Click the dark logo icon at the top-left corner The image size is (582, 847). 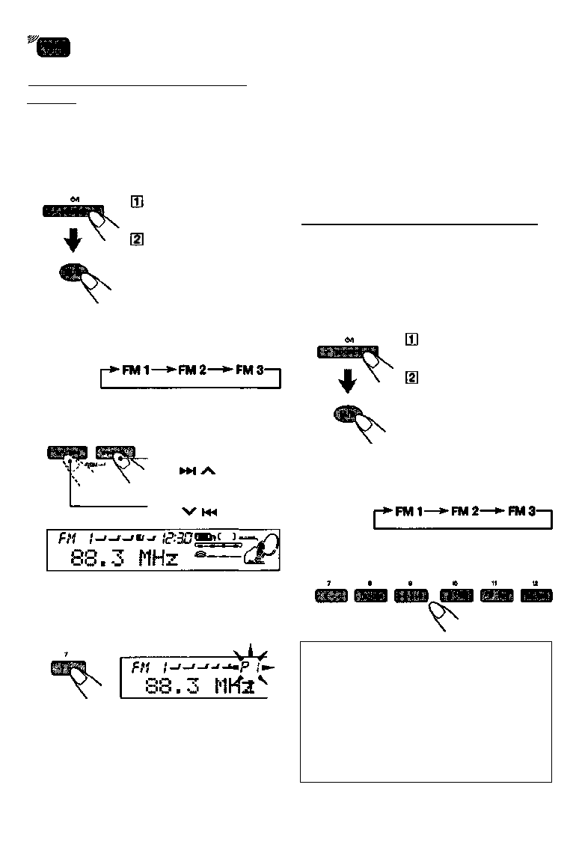[52, 48]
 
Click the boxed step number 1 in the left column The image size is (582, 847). [137, 202]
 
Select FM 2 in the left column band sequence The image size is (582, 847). [198, 371]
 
